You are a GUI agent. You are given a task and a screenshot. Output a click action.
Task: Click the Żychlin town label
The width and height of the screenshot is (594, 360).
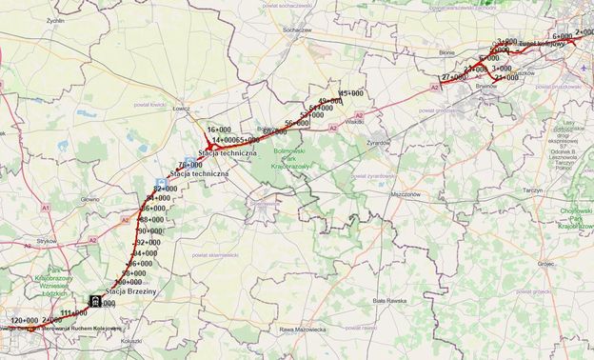pyautogui.click(x=54, y=19)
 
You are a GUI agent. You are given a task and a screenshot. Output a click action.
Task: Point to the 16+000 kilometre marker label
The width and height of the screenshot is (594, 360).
pyautogui.click(x=220, y=130)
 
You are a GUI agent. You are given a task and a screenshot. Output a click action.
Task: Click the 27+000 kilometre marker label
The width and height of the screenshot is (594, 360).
pyautogui.click(x=453, y=77)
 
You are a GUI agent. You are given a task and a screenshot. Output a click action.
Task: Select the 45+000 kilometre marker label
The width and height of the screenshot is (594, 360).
pyautogui.click(x=351, y=93)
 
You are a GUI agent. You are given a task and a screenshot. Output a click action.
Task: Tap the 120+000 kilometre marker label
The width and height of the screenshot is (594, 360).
pyautogui.click(x=23, y=320)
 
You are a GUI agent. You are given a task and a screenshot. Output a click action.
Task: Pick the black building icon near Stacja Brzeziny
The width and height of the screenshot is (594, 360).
pyautogui.click(x=96, y=302)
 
